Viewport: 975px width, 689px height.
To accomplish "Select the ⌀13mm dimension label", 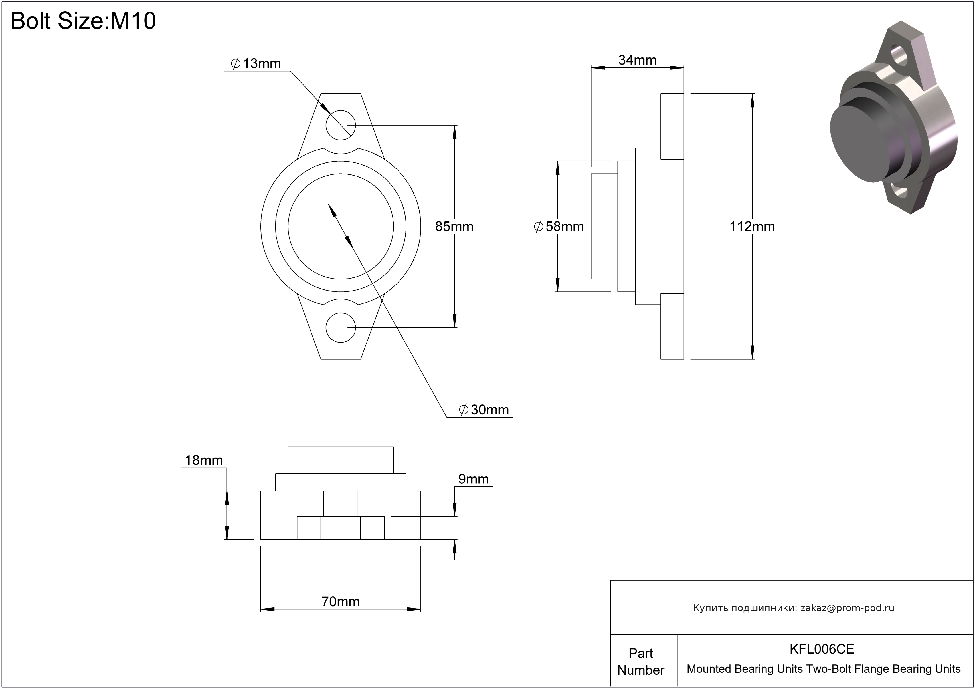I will tap(256, 64).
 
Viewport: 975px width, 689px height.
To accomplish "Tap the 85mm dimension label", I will tap(454, 226).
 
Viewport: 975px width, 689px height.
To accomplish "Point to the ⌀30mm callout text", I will tap(484, 410).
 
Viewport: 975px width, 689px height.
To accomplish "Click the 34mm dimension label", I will tap(637, 60).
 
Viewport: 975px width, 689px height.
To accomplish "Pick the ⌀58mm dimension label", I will tap(559, 226).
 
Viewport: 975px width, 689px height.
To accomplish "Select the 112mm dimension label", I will tap(752, 226).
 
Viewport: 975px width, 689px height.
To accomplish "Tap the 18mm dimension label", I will tap(204, 460).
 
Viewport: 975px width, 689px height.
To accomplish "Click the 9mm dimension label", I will tap(474, 479).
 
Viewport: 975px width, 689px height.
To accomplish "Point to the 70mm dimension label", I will tap(341, 601).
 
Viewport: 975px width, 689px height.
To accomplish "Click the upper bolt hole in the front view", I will tap(341, 125).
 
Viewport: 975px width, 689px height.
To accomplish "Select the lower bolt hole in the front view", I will tap(341, 327).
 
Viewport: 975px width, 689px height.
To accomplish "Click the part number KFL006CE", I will tap(822, 649).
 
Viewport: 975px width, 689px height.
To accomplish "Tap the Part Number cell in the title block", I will tap(641, 661).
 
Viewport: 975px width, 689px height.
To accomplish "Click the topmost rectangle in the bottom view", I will tap(341, 460).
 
